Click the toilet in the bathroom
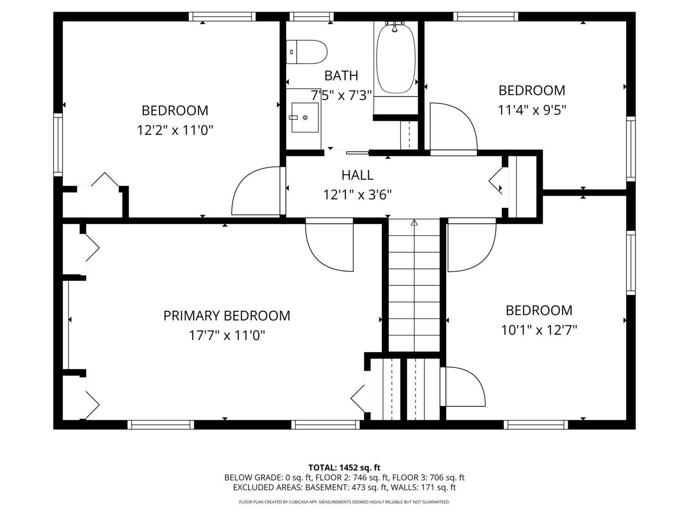click(x=306, y=52)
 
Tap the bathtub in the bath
click(x=396, y=59)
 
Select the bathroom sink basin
click(x=305, y=117)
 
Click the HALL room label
click(x=357, y=175)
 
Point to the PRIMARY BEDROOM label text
click(x=227, y=315)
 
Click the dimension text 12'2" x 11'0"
click(x=175, y=130)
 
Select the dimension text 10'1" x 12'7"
click(x=539, y=330)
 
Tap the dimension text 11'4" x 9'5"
click(x=532, y=110)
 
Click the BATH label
click(x=341, y=76)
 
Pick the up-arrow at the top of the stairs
click(x=414, y=223)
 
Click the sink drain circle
click(x=305, y=117)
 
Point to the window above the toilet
click(x=311, y=16)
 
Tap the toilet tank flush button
click(x=291, y=52)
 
